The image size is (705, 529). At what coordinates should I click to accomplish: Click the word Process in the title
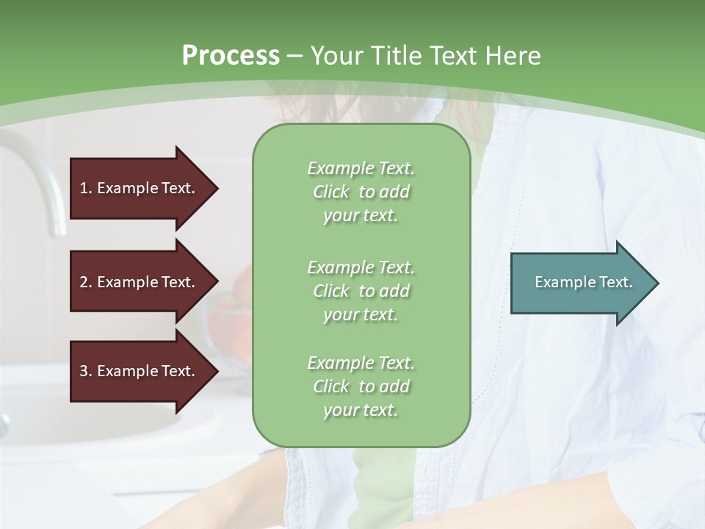(231, 56)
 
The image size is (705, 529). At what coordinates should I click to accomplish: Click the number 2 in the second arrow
(84, 282)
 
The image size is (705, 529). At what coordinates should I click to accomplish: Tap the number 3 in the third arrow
(84, 371)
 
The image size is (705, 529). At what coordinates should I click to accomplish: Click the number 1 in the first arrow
(84, 188)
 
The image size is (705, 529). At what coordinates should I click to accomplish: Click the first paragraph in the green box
(361, 192)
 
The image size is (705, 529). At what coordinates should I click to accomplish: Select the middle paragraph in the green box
(361, 291)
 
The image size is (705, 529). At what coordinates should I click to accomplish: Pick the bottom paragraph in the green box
(361, 386)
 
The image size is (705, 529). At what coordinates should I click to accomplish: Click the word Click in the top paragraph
(331, 192)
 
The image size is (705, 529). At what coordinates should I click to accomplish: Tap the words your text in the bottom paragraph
(361, 410)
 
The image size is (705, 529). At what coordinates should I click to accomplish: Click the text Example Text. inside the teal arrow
(584, 282)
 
